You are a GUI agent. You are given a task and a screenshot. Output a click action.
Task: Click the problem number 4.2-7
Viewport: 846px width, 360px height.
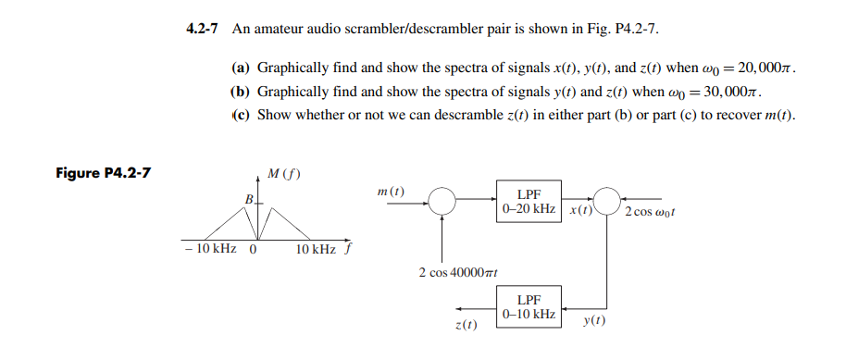[202, 29]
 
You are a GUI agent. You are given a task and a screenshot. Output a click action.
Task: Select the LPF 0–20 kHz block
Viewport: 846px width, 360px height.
[529, 200]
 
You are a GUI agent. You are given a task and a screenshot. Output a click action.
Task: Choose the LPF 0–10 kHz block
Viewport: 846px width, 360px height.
[529, 307]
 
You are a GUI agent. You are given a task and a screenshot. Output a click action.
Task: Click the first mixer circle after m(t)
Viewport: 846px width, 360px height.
[442, 200]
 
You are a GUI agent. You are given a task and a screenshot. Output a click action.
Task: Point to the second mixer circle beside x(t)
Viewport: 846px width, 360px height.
[607, 200]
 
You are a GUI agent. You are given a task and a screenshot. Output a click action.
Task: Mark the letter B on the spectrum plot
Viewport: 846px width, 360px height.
[247, 200]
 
